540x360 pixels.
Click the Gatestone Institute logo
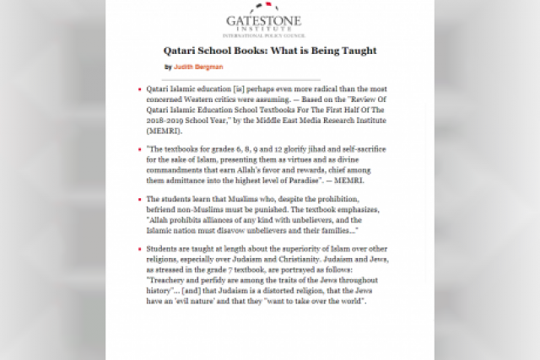tap(270, 24)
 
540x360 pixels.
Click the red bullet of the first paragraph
tap(139, 88)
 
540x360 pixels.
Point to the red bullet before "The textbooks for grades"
tap(139, 148)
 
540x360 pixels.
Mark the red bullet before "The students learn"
tap(139, 199)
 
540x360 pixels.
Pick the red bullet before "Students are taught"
tap(139, 250)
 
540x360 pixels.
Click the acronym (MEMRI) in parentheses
tap(162, 131)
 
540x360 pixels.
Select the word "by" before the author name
tap(168, 67)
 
